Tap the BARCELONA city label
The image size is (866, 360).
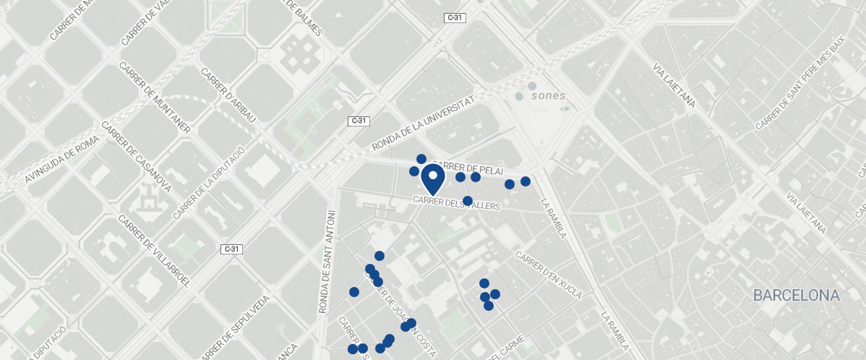(x=796, y=296)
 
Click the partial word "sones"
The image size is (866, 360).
(x=548, y=95)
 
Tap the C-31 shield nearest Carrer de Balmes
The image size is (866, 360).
(x=453, y=18)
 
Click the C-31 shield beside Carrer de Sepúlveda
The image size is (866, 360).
(x=231, y=249)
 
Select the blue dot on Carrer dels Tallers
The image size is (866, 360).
(x=468, y=201)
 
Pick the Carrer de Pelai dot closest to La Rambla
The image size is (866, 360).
(x=526, y=181)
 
